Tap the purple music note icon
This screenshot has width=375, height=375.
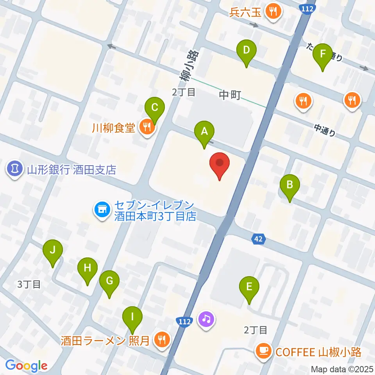(206, 319)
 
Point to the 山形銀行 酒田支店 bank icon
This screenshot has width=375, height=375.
(15, 169)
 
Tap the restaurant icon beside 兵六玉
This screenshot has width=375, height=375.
(272, 12)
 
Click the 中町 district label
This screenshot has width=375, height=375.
(230, 95)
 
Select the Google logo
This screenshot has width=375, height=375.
(27, 366)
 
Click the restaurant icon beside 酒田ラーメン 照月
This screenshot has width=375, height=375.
(161, 339)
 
